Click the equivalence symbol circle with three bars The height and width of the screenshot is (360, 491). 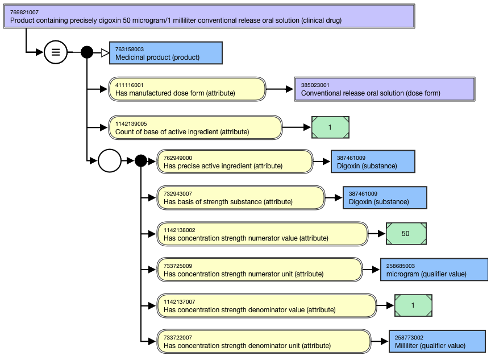coord(55,52)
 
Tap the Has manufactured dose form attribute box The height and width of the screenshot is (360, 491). coord(187,89)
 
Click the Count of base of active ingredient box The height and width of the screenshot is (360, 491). coord(195,127)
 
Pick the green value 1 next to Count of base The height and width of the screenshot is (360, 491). coord(330,127)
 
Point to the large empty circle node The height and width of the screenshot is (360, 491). coord(110,161)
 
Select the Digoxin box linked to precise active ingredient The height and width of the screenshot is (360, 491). coord(373,162)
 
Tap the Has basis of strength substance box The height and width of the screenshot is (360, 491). coord(241,197)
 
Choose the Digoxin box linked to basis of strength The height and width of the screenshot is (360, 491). coord(385,197)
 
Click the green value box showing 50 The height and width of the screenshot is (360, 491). coord(406,234)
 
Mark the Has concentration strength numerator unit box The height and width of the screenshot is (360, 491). coord(260,270)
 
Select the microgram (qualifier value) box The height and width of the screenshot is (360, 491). coord(434,270)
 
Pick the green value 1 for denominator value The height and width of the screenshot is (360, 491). coord(413,306)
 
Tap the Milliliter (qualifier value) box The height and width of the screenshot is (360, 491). coord(438,341)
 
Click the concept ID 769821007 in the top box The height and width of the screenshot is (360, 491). coord(24,12)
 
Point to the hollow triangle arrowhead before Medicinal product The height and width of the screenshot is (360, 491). coord(105,53)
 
